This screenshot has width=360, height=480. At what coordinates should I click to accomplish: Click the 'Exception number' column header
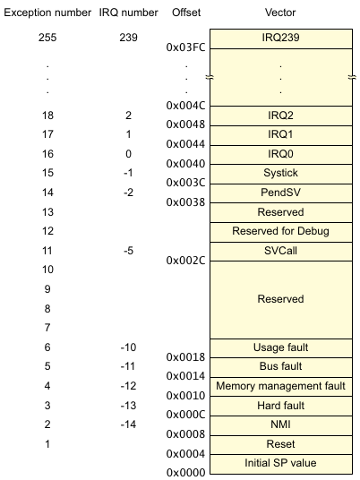(47, 13)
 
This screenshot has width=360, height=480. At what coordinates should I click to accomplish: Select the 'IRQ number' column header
(128, 13)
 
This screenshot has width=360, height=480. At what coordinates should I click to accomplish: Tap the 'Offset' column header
(186, 13)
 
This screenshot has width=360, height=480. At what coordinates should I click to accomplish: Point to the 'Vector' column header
(280, 13)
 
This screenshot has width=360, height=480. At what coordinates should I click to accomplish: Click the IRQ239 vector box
(281, 39)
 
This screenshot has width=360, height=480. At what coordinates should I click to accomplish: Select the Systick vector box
(281, 175)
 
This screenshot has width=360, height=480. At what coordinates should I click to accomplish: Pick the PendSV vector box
(281, 193)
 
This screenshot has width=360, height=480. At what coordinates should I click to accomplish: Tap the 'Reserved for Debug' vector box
(281, 232)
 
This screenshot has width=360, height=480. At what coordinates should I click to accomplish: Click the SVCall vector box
(281, 252)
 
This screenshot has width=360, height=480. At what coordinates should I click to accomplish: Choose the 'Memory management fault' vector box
(281, 387)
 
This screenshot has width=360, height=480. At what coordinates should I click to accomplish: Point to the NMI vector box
(281, 425)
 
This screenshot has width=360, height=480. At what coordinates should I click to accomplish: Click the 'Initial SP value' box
(281, 465)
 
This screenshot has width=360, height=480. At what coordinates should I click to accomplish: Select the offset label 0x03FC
(185, 47)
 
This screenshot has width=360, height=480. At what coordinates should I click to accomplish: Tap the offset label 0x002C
(185, 261)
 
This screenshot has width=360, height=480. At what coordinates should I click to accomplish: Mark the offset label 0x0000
(185, 473)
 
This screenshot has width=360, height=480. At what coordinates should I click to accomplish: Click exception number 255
(47, 38)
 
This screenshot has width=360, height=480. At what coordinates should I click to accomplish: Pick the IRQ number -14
(128, 424)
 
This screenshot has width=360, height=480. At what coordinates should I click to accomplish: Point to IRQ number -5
(128, 251)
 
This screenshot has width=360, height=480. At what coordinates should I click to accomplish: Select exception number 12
(47, 231)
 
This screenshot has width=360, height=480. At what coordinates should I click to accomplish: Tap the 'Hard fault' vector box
(281, 407)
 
